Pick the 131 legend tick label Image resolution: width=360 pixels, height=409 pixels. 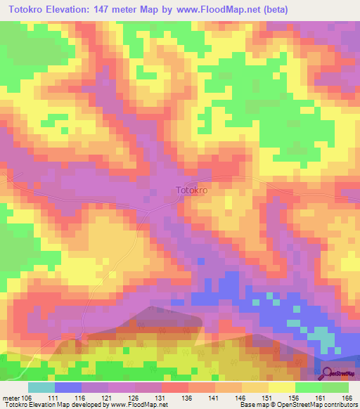(162, 397)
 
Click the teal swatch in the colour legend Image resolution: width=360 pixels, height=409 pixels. (41, 387)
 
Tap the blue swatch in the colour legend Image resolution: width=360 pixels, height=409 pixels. (68, 387)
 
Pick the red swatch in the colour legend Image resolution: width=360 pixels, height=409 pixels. (175, 387)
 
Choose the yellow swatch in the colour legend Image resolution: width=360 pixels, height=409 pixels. (282, 387)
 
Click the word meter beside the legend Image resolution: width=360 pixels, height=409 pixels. (11, 397)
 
